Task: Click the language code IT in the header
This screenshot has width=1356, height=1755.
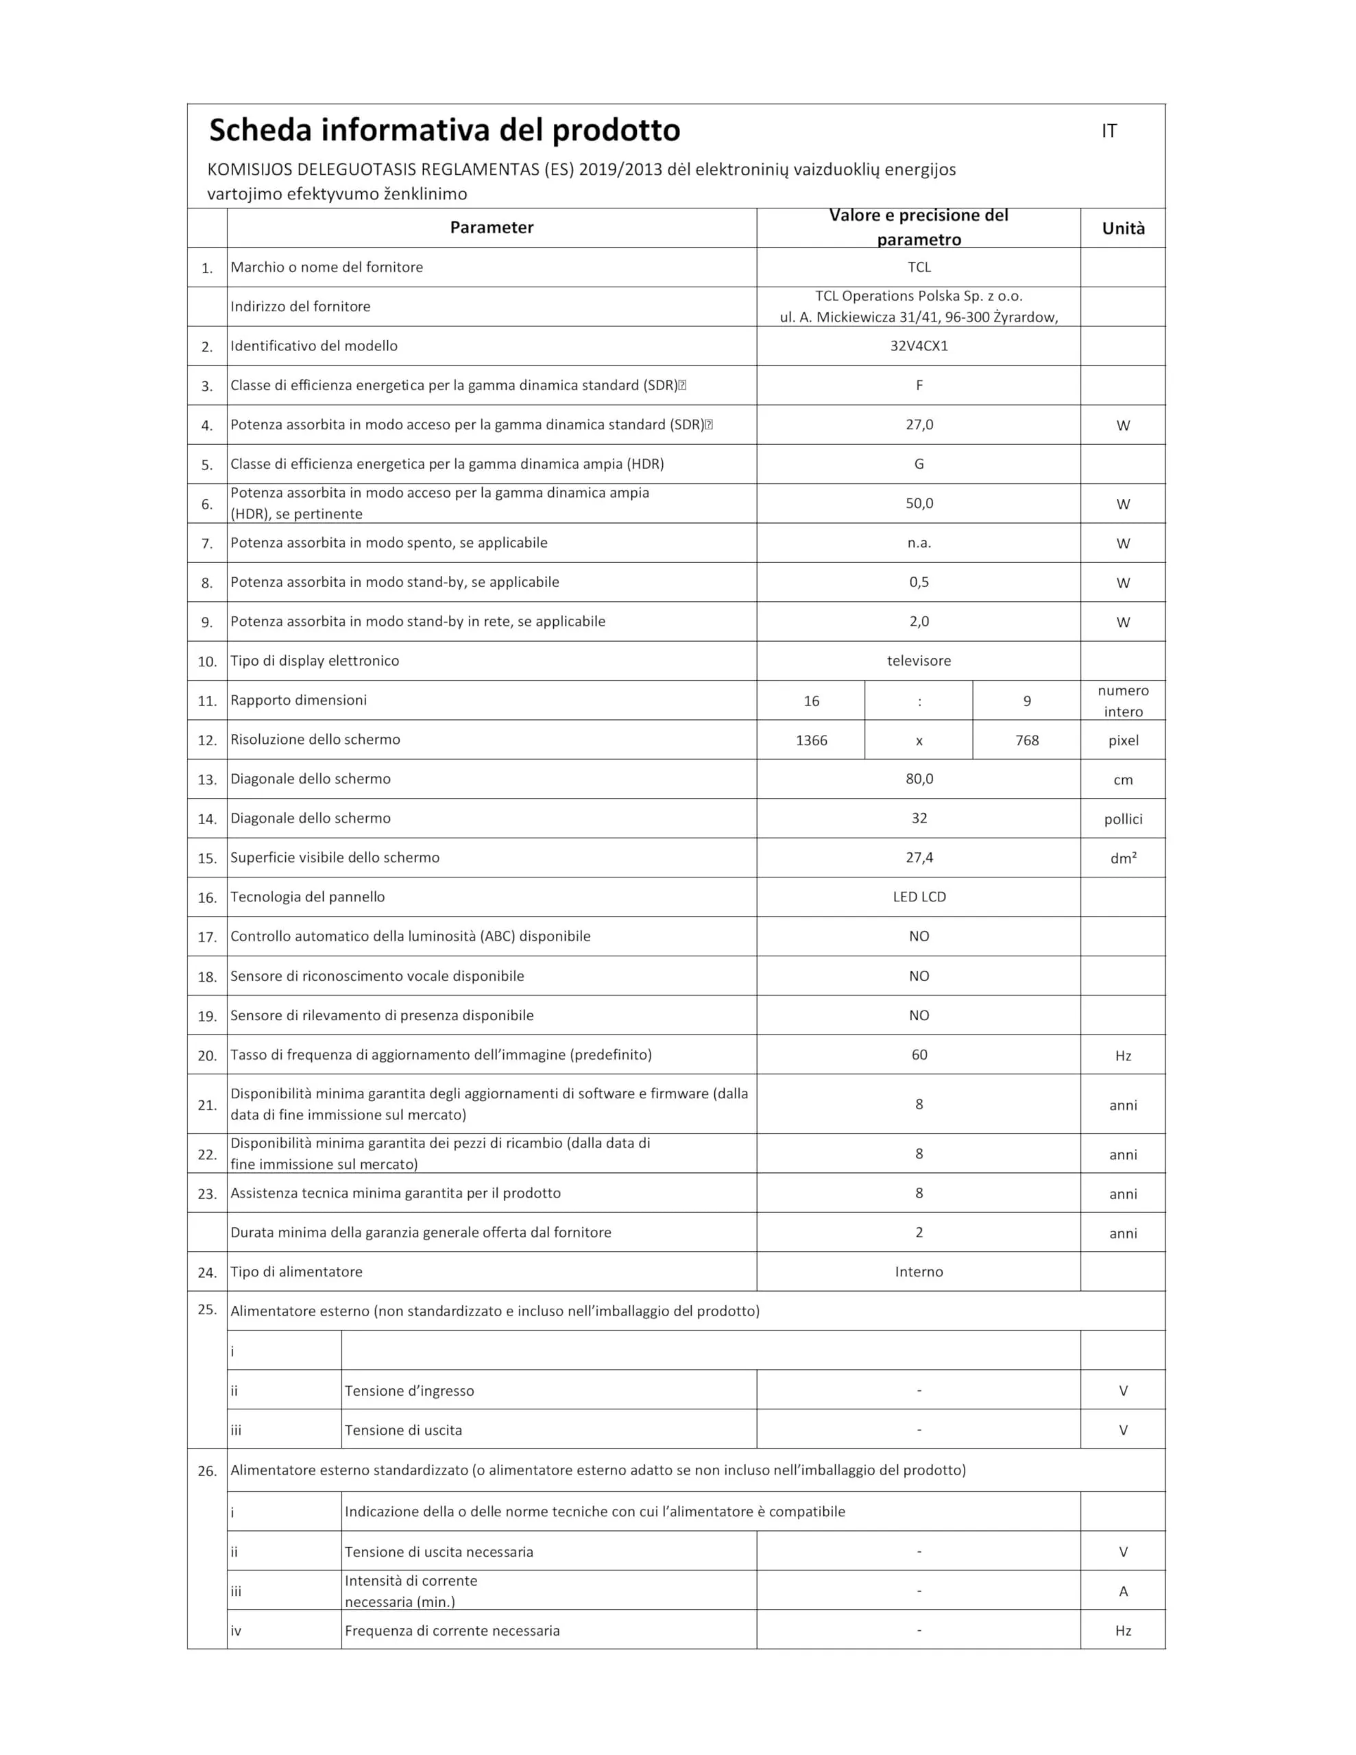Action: [x=1109, y=131]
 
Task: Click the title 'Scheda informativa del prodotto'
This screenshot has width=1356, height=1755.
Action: [x=444, y=130]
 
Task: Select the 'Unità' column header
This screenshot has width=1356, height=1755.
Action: [x=1123, y=228]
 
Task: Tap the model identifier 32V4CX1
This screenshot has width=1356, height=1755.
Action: [x=919, y=346]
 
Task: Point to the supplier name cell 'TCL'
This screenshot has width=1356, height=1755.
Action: [x=919, y=267]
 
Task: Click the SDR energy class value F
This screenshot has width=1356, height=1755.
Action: [x=919, y=385]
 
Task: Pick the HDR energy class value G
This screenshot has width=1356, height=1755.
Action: [x=919, y=463]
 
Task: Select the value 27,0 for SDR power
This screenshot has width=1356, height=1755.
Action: [x=919, y=424]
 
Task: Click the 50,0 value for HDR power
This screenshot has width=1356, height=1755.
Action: [x=919, y=503]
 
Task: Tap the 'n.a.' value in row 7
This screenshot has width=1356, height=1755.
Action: [x=919, y=542]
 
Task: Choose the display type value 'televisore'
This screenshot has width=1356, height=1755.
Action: [x=919, y=661]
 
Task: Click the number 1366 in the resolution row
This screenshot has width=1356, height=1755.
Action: [x=811, y=740]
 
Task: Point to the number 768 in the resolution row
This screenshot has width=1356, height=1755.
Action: [x=1026, y=740]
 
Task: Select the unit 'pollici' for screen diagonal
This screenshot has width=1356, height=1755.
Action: [x=1123, y=819]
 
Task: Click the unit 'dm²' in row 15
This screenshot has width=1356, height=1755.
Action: [x=1123, y=858]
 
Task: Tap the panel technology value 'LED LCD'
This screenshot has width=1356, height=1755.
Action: [x=919, y=897]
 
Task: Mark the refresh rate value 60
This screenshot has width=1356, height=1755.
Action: [x=919, y=1054]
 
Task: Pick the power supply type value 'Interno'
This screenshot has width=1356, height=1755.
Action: [x=919, y=1271]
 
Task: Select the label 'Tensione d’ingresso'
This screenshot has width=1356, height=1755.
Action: [x=409, y=1391]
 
